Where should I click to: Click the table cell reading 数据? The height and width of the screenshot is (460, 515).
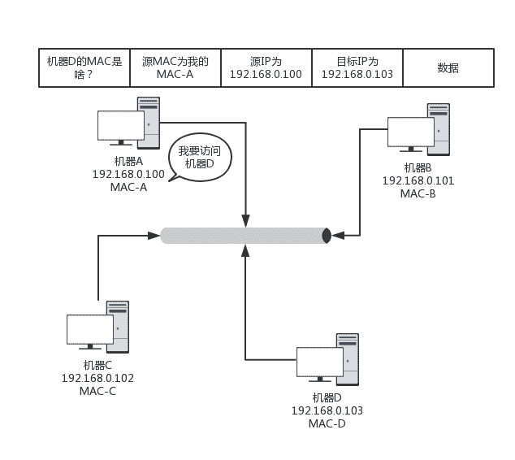tap(448, 67)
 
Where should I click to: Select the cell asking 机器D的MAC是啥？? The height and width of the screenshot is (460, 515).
tap(84, 67)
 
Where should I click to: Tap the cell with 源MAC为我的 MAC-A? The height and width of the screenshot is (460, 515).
tap(175, 67)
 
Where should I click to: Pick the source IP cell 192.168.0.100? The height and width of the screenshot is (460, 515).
tap(266, 67)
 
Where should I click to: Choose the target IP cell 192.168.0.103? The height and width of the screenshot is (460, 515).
tap(357, 67)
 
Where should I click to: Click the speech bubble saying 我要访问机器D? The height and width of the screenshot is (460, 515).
tap(199, 157)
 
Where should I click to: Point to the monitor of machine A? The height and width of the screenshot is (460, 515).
tap(120, 126)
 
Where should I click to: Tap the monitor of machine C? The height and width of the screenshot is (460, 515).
tap(89, 330)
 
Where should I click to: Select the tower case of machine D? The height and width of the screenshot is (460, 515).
tap(347, 359)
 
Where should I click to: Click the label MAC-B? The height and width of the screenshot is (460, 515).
tap(418, 193)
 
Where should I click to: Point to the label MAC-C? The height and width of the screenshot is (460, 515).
tap(97, 391)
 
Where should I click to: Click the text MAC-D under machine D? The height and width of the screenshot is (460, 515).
tap(327, 423)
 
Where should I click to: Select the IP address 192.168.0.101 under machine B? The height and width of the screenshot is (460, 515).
tap(418, 180)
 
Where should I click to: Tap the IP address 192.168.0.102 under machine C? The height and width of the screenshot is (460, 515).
tap(97, 378)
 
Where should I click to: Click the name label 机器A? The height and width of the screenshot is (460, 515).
tap(128, 162)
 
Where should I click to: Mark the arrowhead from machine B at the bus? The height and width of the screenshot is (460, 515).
tap(337, 236)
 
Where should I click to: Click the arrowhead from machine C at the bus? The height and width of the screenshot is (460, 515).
tap(154, 236)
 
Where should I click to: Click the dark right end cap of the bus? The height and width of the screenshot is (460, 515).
tap(327, 236)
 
